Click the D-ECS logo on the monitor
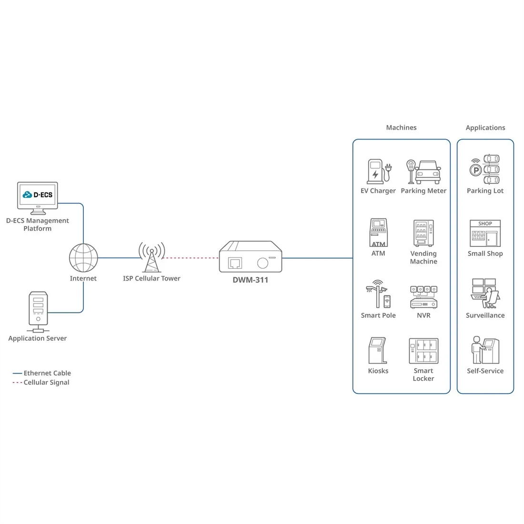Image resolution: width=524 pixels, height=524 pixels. (x=38, y=194)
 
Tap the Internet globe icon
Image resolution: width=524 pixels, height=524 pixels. (x=83, y=258)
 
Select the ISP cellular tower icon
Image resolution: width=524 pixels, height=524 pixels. (x=151, y=257)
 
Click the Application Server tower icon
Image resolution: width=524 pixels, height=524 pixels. (x=38, y=312)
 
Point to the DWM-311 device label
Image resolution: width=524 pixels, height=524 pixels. (x=251, y=280)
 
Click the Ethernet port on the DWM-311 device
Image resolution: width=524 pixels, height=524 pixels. (x=235, y=263)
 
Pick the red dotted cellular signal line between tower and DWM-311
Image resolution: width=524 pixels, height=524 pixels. (x=190, y=258)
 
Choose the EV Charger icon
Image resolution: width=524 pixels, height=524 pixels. (x=379, y=171)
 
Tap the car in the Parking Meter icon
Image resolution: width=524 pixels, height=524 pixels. (x=428, y=172)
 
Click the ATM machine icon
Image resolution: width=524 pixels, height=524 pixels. (x=378, y=232)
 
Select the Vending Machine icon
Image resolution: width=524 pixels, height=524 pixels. (x=423, y=233)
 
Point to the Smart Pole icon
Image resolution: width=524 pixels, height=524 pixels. (x=378, y=294)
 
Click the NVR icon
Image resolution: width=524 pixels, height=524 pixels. (x=424, y=297)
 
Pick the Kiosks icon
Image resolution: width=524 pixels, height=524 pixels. (x=378, y=350)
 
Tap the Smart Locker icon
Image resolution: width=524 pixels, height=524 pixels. (x=423, y=351)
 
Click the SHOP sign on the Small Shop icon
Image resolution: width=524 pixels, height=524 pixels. (x=485, y=223)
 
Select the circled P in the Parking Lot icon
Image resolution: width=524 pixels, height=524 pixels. (x=475, y=171)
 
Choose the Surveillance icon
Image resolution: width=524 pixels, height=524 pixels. (x=485, y=293)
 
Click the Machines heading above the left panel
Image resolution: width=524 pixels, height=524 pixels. (x=402, y=127)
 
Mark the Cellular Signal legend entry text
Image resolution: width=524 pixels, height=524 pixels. (x=47, y=383)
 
